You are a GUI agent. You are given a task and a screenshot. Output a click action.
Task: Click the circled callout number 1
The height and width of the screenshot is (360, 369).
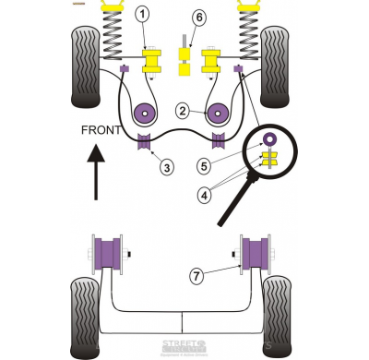[142, 14]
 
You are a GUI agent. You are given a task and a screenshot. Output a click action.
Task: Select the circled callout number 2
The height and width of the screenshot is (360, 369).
[184, 112]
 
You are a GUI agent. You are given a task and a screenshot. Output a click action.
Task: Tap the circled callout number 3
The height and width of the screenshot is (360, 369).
[166, 167]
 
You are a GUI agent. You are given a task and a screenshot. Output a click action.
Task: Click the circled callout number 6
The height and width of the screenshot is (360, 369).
[199, 18]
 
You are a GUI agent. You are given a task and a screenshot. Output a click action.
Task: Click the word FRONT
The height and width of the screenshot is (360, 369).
[101, 130]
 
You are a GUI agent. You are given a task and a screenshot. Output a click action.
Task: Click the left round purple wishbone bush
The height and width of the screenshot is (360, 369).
[146, 114]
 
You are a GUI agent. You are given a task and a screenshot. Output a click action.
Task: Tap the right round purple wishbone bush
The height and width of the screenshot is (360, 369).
[218, 114]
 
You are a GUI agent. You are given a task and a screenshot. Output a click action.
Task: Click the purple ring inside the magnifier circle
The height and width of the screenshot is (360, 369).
[270, 139]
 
